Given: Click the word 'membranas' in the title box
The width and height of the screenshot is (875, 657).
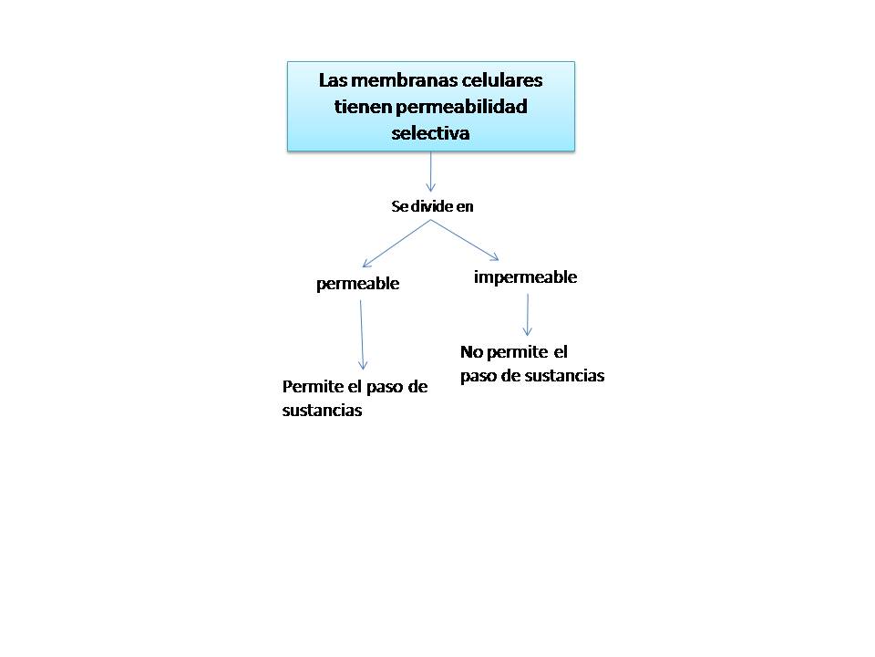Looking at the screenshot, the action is click(391, 79).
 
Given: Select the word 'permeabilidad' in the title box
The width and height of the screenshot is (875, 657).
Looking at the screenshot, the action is click(460, 107).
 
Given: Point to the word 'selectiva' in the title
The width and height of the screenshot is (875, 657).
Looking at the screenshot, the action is click(430, 133).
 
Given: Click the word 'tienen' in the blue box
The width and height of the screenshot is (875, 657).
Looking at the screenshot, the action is click(362, 107).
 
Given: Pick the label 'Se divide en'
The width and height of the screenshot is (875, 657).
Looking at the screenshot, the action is click(432, 206).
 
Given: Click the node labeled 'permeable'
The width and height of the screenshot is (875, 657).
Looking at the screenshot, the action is click(357, 284).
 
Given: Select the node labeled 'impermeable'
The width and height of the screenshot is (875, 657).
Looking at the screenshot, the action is click(525, 277).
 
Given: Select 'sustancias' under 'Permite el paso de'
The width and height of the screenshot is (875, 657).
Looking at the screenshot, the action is click(322, 411).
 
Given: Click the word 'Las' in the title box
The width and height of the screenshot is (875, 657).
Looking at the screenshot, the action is click(333, 79).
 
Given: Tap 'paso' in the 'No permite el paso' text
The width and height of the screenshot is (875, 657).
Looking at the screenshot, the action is click(479, 376).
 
